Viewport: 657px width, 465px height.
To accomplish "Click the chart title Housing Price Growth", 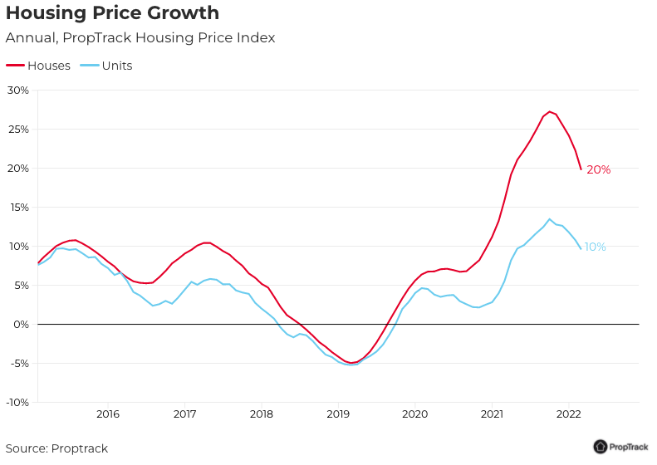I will tap(112, 13).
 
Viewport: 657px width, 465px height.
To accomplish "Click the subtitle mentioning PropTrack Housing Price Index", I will tap(140, 38).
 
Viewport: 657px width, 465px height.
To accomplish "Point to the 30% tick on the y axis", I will tap(17, 91).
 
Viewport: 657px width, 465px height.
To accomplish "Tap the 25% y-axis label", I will tap(17, 130).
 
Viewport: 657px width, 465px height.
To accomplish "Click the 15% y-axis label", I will tap(17, 208).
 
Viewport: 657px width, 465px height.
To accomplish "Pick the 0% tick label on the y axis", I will tap(21, 324).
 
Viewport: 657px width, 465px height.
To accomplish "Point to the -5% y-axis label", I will tap(19, 363).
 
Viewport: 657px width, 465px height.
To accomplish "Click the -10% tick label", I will tap(17, 402).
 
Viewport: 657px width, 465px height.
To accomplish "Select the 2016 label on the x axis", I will tap(108, 414).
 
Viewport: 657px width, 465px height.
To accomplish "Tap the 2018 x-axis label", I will tap(262, 414).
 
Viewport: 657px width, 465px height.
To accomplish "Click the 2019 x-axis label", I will tap(338, 414).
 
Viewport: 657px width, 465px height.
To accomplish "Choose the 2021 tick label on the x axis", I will tap(492, 414).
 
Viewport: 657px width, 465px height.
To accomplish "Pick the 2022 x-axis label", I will tap(568, 414).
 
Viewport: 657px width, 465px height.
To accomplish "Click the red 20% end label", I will tap(598, 170).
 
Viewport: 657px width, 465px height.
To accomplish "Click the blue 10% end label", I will tap(595, 247).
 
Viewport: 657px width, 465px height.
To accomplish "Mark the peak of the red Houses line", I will tap(550, 111).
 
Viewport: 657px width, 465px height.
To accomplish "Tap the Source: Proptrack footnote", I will tap(56, 448).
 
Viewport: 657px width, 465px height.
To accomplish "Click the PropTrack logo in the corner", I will tap(621, 447).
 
